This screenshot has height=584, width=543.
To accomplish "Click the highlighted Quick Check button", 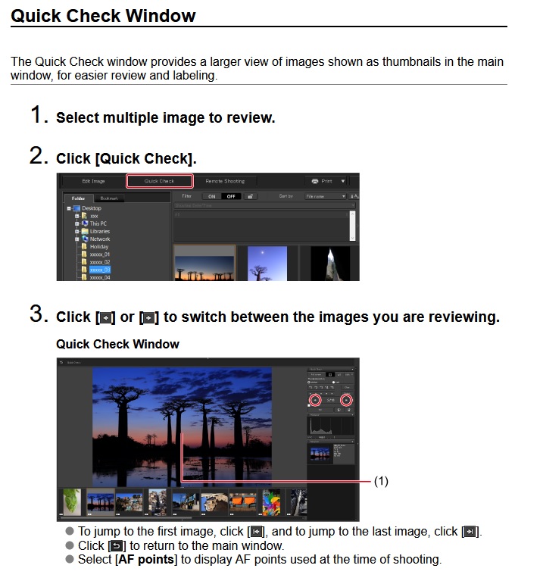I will [x=159, y=181].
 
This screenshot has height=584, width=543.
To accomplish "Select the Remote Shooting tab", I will [x=225, y=181].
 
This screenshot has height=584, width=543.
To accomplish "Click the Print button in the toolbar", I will [x=321, y=181].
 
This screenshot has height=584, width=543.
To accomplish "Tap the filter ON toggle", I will [x=211, y=196].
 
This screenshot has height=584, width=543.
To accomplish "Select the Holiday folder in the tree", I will [x=99, y=247].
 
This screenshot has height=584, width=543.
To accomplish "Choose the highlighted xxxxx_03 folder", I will [x=99, y=270].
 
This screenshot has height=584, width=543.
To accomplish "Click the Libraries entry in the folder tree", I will [x=100, y=231].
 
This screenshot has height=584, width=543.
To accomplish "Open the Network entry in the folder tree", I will [x=100, y=239].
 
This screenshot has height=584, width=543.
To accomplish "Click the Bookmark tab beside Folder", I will [x=109, y=198].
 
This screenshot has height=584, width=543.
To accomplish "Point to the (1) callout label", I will [x=381, y=481].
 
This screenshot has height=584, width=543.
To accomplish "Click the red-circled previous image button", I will [x=315, y=400].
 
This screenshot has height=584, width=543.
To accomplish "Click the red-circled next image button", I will [x=347, y=400].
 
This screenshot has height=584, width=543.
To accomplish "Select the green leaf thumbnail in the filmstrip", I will [x=70, y=501].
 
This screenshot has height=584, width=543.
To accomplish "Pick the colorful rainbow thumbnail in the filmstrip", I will [x=271, y=501].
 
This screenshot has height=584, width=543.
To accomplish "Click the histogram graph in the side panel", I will [x=330, y=426].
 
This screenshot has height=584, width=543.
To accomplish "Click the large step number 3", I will [x=39, y=316].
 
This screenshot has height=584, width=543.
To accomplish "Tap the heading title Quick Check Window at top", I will [x=103, y=15].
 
